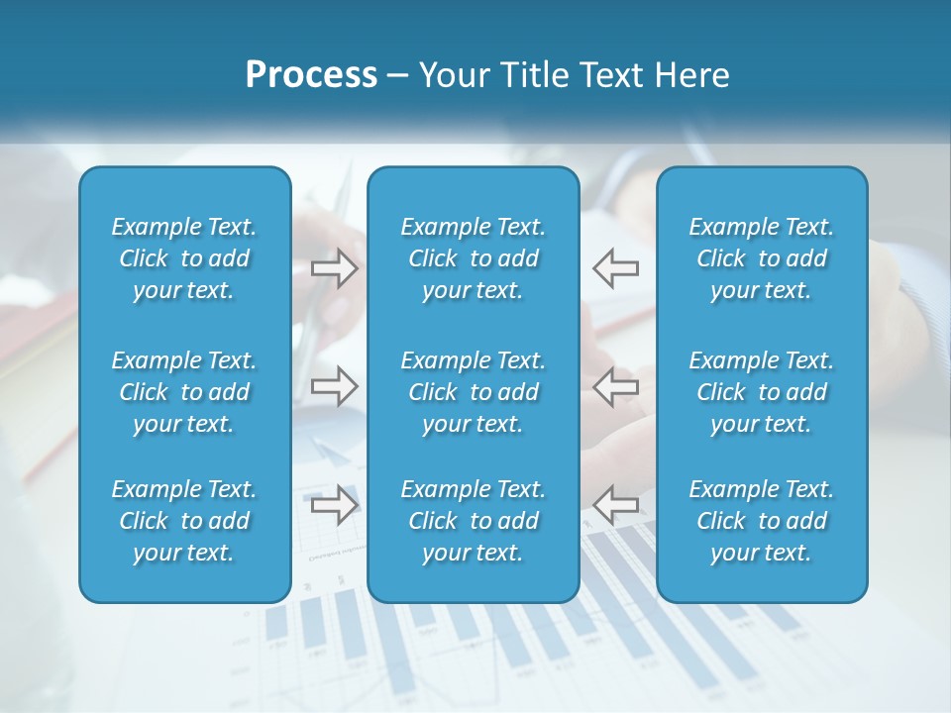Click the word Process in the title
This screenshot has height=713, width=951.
click(x=311, y=75)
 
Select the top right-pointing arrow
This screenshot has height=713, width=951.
click(x=335, y=267)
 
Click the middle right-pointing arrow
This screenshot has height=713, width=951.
click(x=335, y=385)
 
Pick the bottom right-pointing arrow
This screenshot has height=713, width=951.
click(x=335, y=504)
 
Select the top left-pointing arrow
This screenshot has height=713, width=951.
click(x=616, y=267)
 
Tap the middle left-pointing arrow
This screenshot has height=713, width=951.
click(x=616, y=385)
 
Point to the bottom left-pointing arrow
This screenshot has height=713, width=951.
click(x=616, y=504)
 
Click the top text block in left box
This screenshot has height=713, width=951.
click(x=184, y=258)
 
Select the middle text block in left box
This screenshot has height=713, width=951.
click(x=184, y=392)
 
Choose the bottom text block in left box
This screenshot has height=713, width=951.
click(x=184, y=521)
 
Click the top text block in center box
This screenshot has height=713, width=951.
click(x=474, y=258)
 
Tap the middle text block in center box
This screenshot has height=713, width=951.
click(x=474, y=392)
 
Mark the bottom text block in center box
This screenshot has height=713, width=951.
click(x=474, y=521)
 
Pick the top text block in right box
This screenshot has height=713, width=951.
click(x=762, y=258)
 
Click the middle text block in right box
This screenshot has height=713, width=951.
click(x=762, y=392)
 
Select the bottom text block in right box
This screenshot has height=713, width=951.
click(x=762, y=521)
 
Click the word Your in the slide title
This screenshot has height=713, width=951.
click(x=452, y=75)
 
